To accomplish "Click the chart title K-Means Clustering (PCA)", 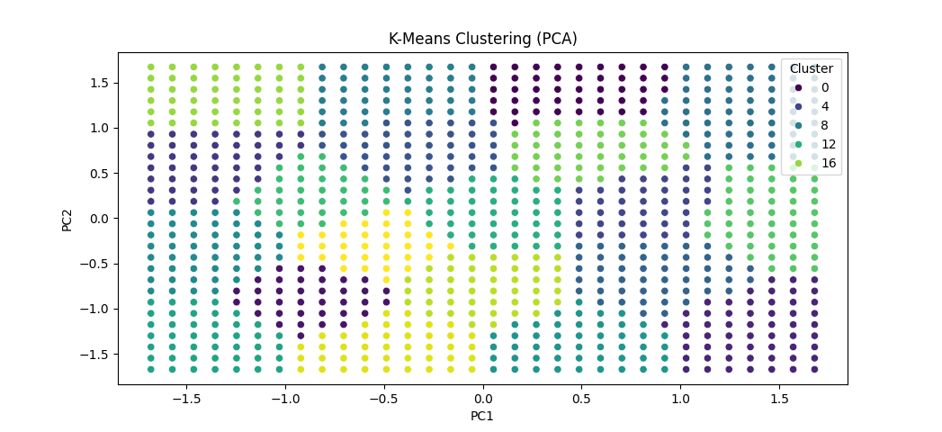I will (482, 39).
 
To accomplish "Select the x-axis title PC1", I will (482, 416).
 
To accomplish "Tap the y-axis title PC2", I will (67, 218).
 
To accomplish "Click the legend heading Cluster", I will (812, 68).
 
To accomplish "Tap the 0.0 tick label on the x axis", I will (483, 397).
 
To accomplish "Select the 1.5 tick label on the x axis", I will (781, 397).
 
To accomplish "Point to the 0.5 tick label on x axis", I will (582, 397).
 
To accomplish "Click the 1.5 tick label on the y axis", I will (99, 83).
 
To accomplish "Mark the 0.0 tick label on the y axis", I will (99, 218).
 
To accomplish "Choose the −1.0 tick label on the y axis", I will (95, 309).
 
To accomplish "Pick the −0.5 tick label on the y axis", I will (95, 264).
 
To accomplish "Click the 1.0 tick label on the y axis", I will (99, 128).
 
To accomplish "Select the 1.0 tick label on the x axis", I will (681, 397).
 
